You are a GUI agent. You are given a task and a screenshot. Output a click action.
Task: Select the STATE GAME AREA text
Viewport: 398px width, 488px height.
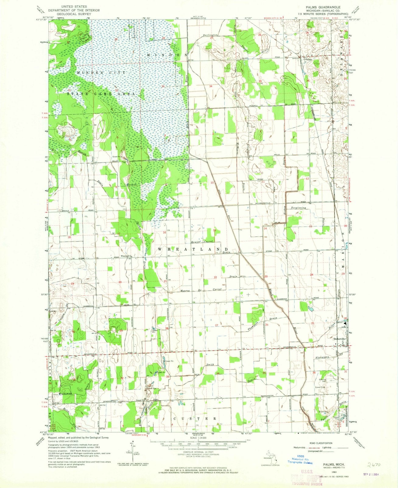100,95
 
